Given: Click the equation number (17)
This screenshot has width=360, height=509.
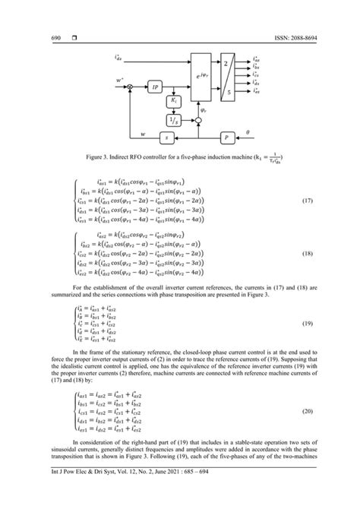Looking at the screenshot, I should point(328,199).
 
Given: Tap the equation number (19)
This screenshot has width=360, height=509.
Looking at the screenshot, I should point(328,324).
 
